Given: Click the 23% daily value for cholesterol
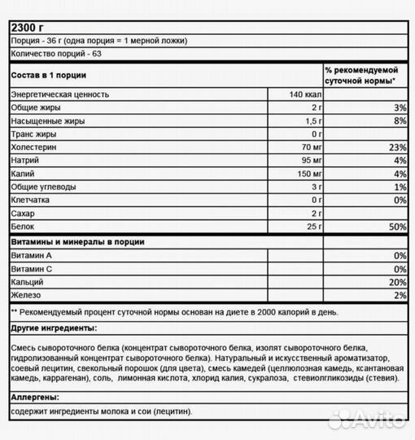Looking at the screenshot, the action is pyautogui.click(x=397, y=147).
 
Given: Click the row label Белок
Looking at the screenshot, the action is pyautogui.click(x=23, y=226).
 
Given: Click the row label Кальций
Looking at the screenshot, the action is pyautogui.click(x=28, y=281).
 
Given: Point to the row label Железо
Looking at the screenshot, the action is pyautogui.click(x=27, y=294).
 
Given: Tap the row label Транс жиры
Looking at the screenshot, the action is pyautogui.click(x=33, y=134).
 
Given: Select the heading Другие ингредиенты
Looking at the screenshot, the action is pyautogui.click(x=53, y=328).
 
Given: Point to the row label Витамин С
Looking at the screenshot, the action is pyautogui.click(x=33, y=268).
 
